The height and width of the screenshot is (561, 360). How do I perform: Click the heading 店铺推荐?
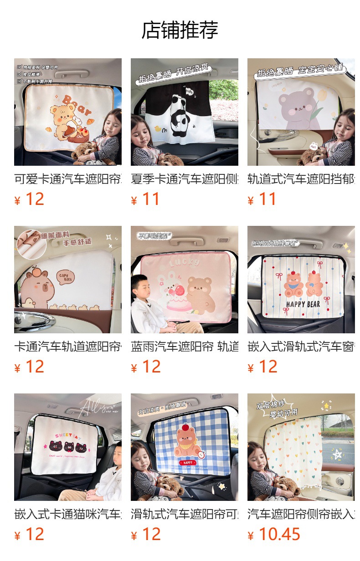point(180,30)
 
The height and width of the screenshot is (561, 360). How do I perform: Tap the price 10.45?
point(279,534)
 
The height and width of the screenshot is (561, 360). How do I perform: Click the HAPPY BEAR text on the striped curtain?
point(303,304)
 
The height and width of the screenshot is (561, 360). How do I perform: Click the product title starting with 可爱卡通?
point(68,179)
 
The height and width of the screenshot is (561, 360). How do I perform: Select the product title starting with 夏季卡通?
point(185,179)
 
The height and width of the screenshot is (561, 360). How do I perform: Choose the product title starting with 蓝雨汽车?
point(185,347)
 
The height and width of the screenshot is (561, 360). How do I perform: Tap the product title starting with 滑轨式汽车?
point(185,514)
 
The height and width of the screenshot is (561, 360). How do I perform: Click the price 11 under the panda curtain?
point(151,199)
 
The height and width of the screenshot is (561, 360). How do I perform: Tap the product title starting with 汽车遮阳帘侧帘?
point(301,514)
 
